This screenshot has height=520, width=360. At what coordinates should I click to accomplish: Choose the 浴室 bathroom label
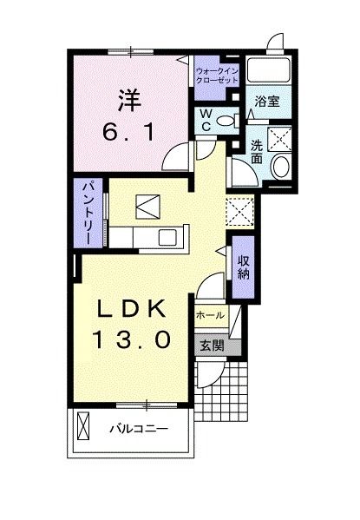[266, 102]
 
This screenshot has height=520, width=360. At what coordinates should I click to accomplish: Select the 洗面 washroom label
[257, 153]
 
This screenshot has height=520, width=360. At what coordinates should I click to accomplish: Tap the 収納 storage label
[244, 267]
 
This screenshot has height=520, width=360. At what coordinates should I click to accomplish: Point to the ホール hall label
[212, 314]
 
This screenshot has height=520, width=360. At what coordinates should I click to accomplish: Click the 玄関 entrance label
[213, 346]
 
